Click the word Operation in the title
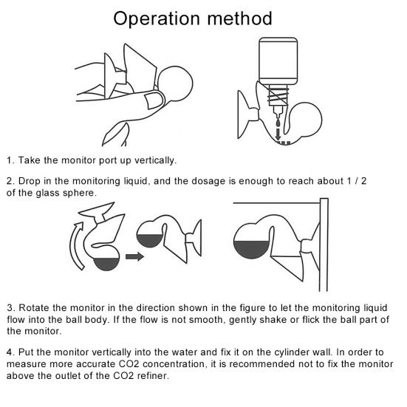coord(157,19)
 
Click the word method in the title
coord(239,18)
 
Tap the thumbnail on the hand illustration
coord(154,100)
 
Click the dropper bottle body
coord(278,61)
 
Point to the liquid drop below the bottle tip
coord(278,123)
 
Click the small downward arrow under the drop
coord(278,134)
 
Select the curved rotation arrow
coord(77,245)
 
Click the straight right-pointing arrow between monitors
coord(134,256)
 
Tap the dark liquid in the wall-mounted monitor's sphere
coord(250,249)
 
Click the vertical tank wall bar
coord(324,244)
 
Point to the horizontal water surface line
coord(276,203)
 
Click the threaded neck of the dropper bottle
coord(278,95)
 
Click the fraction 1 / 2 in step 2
coord(357,181)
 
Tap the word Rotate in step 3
coord(33,308)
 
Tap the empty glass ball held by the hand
coord(176,83)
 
